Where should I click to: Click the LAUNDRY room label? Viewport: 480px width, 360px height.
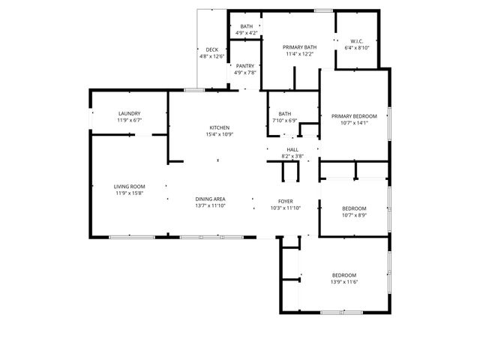point(129,113)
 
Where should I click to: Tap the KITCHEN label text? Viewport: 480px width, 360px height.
point(219,127)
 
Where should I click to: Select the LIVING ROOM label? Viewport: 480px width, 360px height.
point(129,186)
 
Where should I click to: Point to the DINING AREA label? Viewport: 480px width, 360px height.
point(211,199)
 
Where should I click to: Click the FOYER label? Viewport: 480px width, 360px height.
point(286,202)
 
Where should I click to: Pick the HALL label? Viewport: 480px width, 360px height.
point(292,149)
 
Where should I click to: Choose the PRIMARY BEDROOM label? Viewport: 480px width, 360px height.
point(354,116)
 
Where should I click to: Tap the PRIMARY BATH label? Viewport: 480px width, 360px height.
point(300,47)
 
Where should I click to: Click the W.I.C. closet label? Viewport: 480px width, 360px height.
point(356,40)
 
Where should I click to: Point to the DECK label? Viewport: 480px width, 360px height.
point(212,49)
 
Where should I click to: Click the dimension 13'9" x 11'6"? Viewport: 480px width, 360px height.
point(344,282)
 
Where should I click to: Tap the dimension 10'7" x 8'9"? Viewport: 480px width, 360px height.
point(354,215)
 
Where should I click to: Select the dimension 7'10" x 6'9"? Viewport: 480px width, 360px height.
point(284,121)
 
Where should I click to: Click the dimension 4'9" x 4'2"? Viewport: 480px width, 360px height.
point(247,33)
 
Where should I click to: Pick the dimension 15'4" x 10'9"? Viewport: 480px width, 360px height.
point(219,135)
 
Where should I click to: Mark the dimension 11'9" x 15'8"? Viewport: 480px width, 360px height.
point(129,193)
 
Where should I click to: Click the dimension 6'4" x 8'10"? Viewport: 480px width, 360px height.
point(356,48)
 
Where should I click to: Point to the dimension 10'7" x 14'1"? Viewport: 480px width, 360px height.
point(354,124)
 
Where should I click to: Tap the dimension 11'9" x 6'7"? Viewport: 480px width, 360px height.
point(129,121)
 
